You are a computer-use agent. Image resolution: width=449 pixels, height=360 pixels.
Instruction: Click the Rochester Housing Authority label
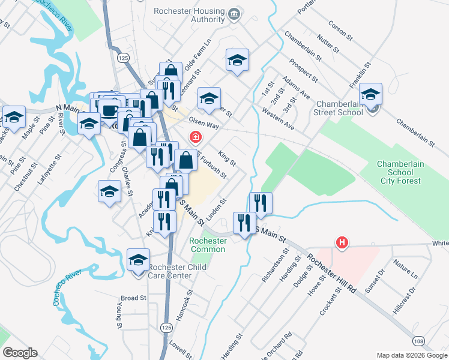(189, 16)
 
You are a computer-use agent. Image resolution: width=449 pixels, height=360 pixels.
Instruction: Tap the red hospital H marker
(342, 242)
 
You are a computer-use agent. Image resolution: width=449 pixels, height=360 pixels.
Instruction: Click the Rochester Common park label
(208, 245)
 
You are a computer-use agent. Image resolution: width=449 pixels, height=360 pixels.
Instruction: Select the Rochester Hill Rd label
(332, 273)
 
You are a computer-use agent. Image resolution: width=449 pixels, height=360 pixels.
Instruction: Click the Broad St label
(133, 298)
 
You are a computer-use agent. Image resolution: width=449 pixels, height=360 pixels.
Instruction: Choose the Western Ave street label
(279, 119)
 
